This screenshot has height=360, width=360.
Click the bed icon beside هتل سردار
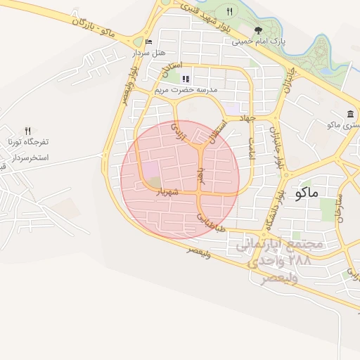[x=148, y=41]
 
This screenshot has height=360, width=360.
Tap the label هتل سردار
[x=148, y=53]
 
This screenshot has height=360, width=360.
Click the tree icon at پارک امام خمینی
[x=259, y=30]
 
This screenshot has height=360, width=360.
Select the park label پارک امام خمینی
[x=259, y=41]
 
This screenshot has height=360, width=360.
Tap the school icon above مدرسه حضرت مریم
[x=186, y=79]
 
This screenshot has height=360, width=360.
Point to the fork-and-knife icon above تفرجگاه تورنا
[x=28, y=131]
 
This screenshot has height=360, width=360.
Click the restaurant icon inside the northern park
[x=229, y=11]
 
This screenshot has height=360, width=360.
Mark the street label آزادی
[x=181, y=132]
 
